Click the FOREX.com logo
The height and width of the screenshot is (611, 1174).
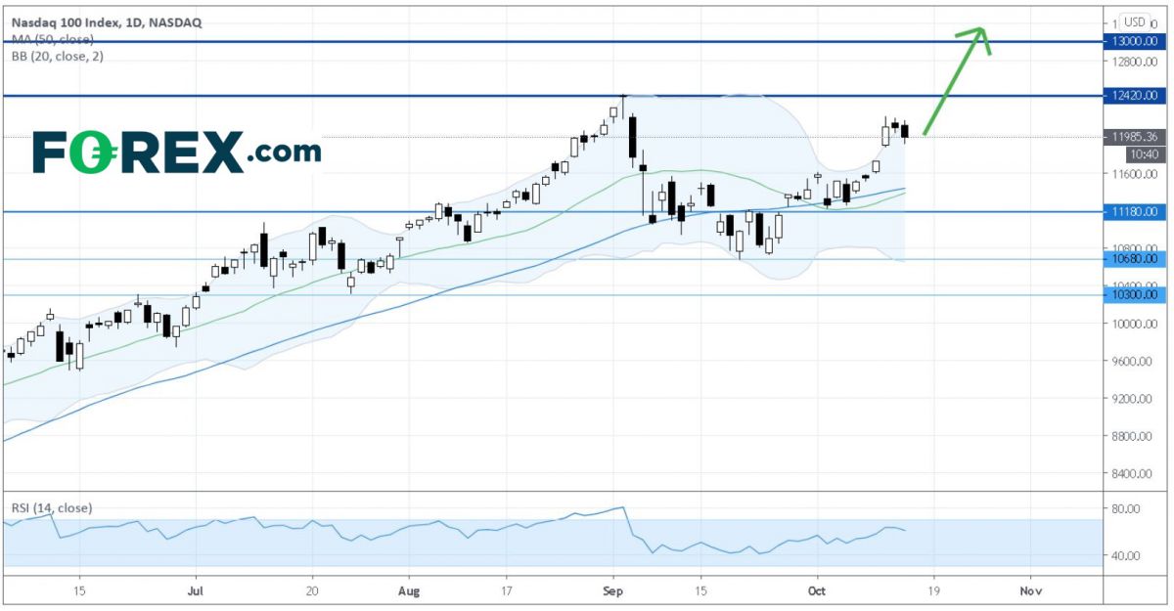coord(176,153)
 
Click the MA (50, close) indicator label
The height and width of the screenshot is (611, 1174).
coord(53,39)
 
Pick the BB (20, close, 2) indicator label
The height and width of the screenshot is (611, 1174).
coord(57,56)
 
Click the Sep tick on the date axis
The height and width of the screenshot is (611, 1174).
coord(613,590)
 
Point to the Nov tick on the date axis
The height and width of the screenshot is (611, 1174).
coord(1028,590)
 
